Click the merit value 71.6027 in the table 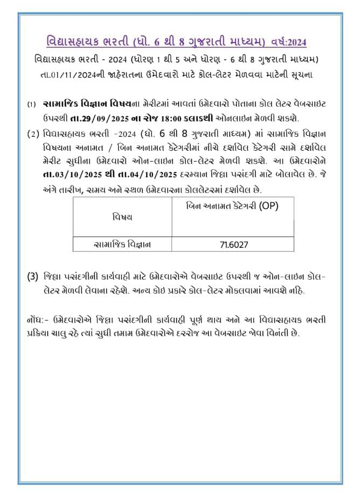click(233, 245)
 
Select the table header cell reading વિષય click(122, 217)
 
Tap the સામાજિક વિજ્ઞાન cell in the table click(122, 245)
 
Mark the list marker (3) click(33, 277)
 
